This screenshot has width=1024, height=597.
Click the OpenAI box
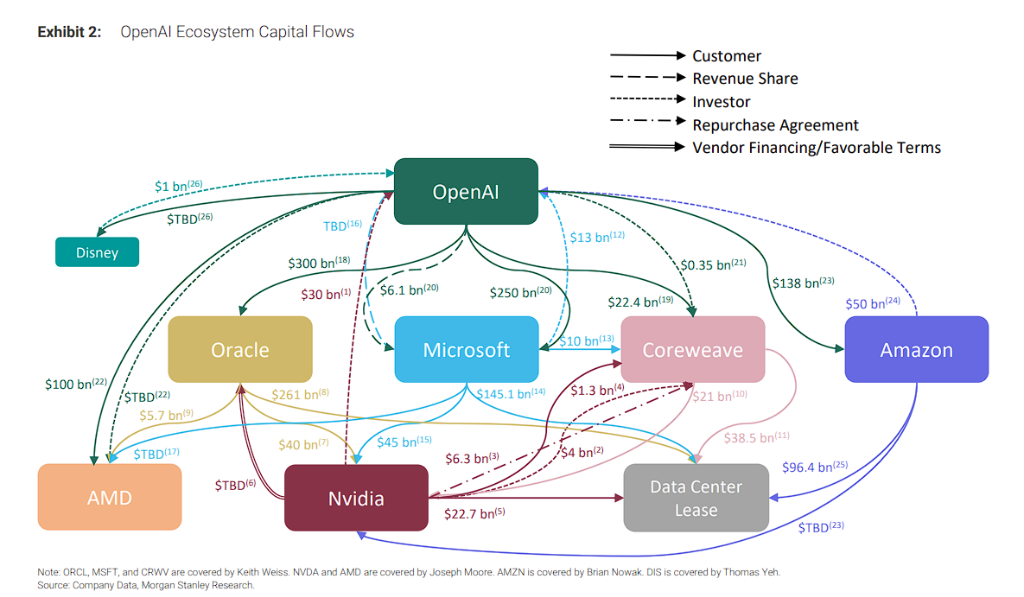tap(465, 191)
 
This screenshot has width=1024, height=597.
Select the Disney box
tap(97, 252)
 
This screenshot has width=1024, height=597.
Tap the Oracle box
tap(240, 349)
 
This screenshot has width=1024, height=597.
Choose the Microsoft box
tap(466, 349)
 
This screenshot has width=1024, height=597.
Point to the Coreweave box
tap(692, 349)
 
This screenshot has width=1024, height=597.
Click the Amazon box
tap(916, 349)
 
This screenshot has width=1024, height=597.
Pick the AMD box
tap(109, 496)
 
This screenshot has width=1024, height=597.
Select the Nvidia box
tap(356, 497)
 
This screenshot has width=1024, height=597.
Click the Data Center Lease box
tap(696, 497)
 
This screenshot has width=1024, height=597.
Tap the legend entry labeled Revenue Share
tap(745, 78)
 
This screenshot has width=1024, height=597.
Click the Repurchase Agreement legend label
tap(775, 125)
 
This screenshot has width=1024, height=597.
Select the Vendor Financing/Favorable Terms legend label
tap(816, 148)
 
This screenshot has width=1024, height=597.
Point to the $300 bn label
tap(318, 263)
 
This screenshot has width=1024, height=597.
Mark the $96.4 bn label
tap(813, 466)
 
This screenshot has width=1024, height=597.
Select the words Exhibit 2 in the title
tap(69, 32)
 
